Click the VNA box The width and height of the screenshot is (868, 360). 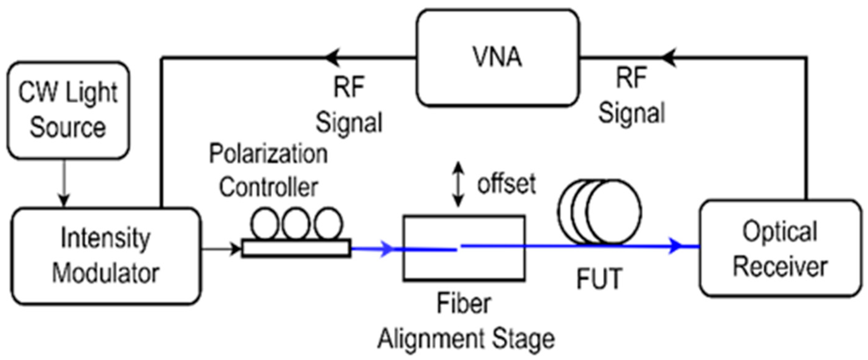click(x=497, y=58)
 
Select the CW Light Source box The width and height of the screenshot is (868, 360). click(x=68, y=110)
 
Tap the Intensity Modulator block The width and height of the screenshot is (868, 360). click(x=106, y=256)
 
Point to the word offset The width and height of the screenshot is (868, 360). click(x=507, y=184)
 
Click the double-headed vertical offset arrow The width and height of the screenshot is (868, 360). click(x=458, y=184)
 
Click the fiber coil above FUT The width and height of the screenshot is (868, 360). click(x=600, y=212)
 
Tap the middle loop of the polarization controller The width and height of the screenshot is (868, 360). click(x=295, y=223)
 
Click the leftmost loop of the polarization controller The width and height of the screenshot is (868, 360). click(x=265, y=223)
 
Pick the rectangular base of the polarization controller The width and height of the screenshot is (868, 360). click(x=296, y=248)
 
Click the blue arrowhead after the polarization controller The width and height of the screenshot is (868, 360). click(x=387, y=249)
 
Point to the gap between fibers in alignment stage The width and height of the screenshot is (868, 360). click(x=458, y=248)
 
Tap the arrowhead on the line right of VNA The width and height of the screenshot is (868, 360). click(x=669, y=58)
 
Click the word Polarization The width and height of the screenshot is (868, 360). click(x=268, y=154)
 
